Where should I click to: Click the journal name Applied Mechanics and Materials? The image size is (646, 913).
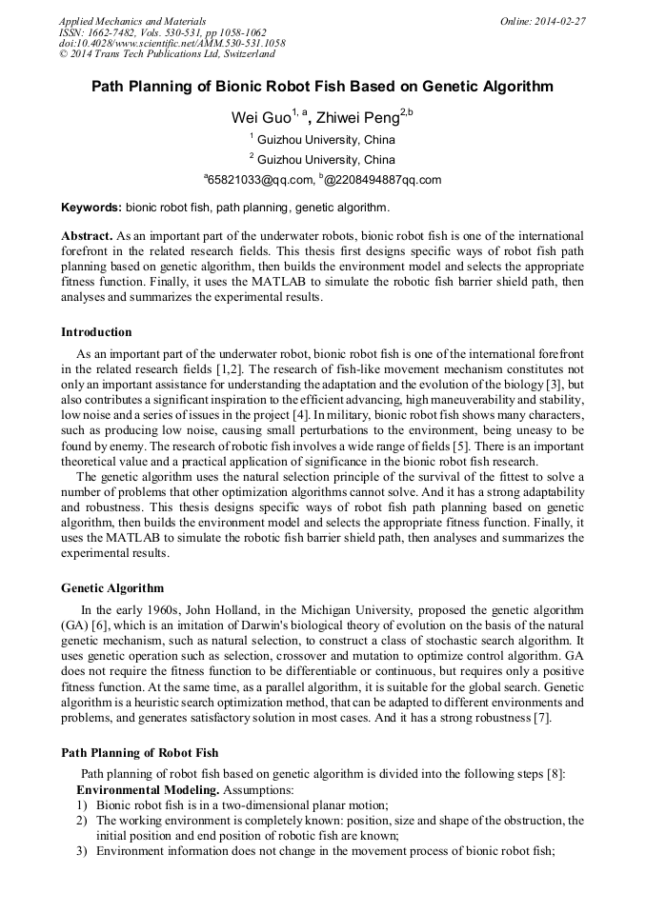pos(131,21)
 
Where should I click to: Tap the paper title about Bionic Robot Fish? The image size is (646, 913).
pos(322,87)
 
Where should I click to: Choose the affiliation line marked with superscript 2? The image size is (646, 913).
pos(322,159)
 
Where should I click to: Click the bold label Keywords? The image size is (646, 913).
pos(91,207)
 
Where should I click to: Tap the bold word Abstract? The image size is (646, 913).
pos(87,234)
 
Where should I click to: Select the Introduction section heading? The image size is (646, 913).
pos(96,332)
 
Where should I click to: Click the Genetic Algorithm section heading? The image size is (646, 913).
pos(112,587)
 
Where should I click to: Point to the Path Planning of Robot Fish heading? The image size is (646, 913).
pos(139,753)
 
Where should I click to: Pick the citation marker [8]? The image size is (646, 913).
pos(555,774)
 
